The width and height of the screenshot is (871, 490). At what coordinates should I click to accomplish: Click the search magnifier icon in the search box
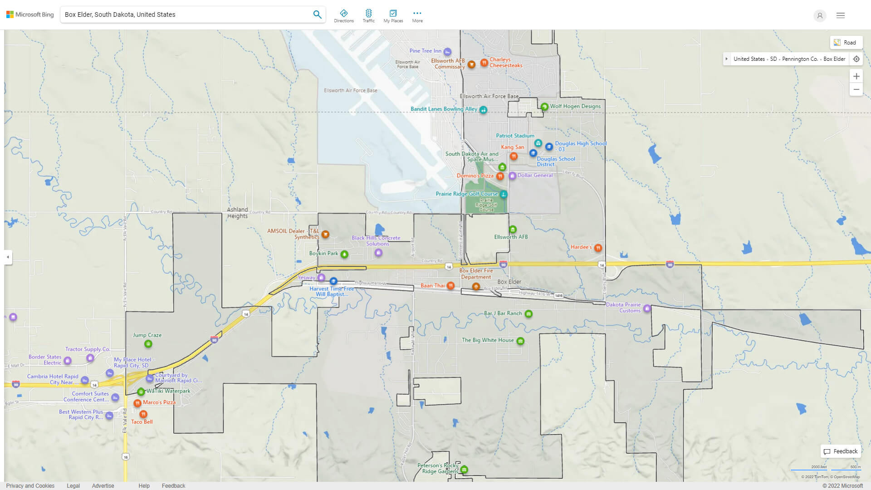pyautogui.click(x=317, y=15)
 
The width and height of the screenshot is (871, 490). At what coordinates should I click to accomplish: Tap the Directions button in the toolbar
pyautogui.click(x=343, y=16)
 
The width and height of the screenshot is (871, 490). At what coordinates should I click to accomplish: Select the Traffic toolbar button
pyautogui.click(x=368, y=16)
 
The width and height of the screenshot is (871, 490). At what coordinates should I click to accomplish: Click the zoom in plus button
pyautogui.click(x=856, y=76)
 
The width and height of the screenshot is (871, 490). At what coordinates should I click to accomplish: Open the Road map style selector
pyautogui.click(x=846, y=43)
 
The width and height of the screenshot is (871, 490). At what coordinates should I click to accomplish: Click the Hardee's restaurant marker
pyautogui.click(x=598, y=248)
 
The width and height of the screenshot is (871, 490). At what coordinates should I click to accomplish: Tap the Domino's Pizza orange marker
pyautogui.click(x=500, y=176)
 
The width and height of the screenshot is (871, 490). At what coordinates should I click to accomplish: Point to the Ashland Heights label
pyautogui.click(x=237, y=213)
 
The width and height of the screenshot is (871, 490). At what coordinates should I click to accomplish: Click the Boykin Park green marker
pyautogui.click(x=344, y=254)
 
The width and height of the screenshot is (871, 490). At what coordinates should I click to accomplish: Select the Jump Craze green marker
pyautogui.click(x=148, y=344)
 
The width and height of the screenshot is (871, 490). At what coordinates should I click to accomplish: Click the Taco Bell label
pyautogui.click(x=142, y=422)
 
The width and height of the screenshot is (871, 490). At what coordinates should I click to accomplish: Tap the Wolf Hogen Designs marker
pyautogui.click(x=544, y=107)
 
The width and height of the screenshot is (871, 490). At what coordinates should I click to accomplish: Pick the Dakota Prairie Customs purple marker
pyautogui.click(x=647, y=309)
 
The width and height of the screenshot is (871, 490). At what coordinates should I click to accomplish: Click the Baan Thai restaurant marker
pyautogui.click(x=450, y=286)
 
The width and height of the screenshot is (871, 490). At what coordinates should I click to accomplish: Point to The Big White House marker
pyautogui.click(x=520, y=341)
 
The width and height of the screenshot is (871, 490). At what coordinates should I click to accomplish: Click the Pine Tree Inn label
pyautogui.click(x=425, y=51)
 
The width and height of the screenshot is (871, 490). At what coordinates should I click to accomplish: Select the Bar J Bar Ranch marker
pyautogui.click(x=528, y=314)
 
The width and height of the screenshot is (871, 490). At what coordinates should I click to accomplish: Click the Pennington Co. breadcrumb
pyautogui.click(x=800, y=59)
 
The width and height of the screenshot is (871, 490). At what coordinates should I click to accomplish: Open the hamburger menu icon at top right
pyautogui.click(x=840, y=15)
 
